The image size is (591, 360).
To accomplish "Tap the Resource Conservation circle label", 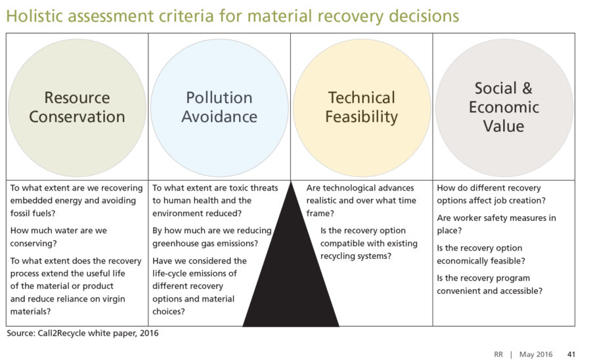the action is pyautogui.click(x=77, y=107).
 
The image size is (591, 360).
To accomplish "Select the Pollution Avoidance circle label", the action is pyautogui.click(x=219, y=107).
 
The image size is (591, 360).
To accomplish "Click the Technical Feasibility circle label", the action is pyautogui.click(x=361, y=107).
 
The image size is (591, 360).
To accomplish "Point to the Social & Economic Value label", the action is pyautogui.click(x=504, y=107).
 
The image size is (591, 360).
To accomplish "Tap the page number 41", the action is pyautogui.click(x=571, y=354).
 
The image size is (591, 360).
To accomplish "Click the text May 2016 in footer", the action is pyautogui.click(x=536, y=354).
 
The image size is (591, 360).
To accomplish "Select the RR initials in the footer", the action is pyautogui.click(x=498, y=354).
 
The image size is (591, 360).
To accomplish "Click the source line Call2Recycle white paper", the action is pyautogui.click(x=83, y=333).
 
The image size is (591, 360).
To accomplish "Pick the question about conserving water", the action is pyautogui.click(x=58, y=236).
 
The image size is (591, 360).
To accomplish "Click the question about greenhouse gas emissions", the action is pyautogui.click(x=212, y=236).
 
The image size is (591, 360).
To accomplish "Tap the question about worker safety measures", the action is pyautogui.click(x=496, y=224).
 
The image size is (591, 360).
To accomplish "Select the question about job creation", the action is pyautogui.click(x=491, y=194).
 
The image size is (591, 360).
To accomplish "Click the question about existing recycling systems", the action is pyautogui.click(x=369, y=243).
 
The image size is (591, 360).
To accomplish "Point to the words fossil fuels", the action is pyautogui.click(x=33, y=213).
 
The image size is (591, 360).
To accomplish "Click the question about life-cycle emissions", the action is pyautogui.click(x=200, y=286).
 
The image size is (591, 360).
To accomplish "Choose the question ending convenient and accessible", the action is pyautogui.click(x=490, y=284).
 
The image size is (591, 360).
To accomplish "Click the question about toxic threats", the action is pyautogui.click(x=215, y=200).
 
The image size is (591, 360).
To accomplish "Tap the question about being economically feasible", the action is pyautogui.click(x=481, y=254).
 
